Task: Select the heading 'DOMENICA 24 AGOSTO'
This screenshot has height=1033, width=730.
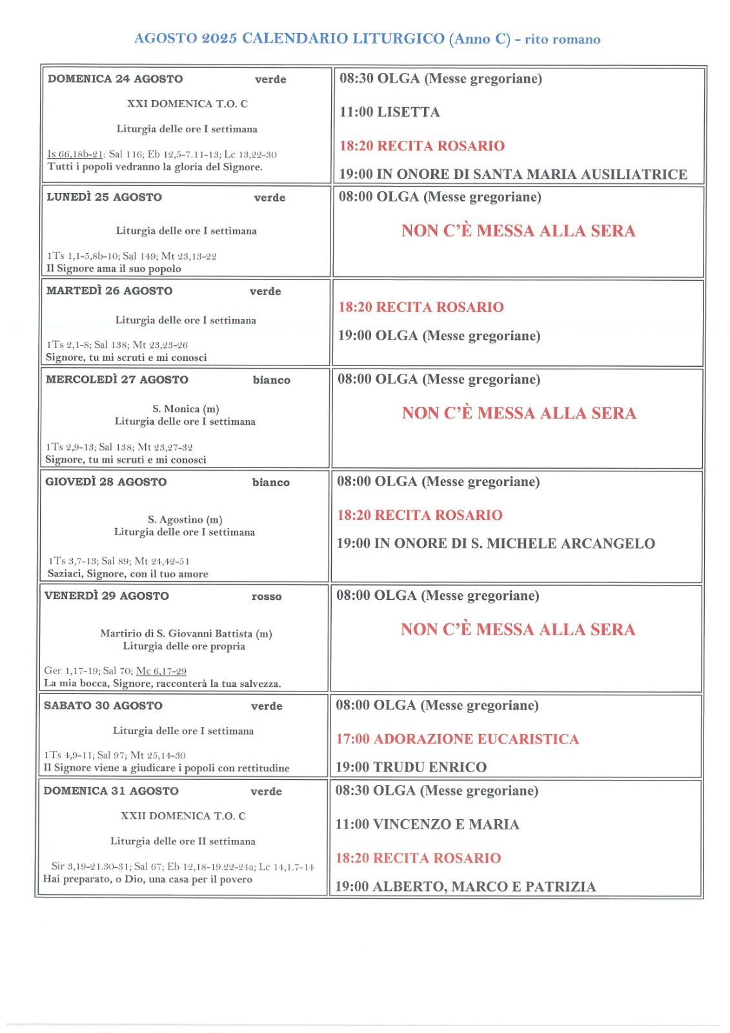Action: (115, 79)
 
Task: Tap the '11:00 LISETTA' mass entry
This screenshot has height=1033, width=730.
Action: (389, 112)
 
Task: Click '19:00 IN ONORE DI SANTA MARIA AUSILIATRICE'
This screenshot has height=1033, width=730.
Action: (513, 174)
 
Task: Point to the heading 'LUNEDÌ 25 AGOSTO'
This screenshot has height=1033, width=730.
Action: (104, 197)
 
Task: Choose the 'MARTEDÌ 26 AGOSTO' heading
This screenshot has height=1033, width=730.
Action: (109, 291)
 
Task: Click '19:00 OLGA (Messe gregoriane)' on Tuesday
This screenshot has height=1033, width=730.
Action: (439, 336)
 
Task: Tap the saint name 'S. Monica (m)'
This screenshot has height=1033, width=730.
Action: (186, 409)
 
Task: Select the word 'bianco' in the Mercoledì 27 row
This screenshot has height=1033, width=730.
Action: (271, 380)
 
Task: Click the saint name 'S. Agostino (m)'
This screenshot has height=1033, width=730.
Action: (185, 520)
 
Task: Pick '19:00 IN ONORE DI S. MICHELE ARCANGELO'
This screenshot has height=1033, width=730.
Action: (495, 544)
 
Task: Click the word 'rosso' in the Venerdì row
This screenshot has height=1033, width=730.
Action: (267, 597)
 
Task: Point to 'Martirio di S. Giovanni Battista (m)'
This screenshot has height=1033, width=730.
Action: (186, 633)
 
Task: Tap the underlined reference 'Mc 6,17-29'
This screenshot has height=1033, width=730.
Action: (161, 671)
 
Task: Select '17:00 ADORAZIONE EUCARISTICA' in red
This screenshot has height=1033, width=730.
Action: (457, 739)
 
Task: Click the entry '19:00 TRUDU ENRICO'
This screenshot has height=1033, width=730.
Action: (411, 767)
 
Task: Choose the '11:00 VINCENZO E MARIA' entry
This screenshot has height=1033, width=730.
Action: (427, 824)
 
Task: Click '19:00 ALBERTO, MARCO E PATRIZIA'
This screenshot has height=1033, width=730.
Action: (465, 886)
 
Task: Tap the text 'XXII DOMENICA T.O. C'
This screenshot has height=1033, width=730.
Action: (183, 816)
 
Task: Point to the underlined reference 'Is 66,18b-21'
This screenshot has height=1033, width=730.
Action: (76, 154)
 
